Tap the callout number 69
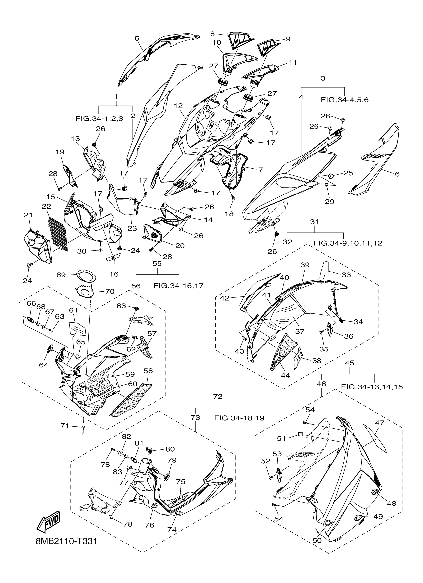[x=61, y=275]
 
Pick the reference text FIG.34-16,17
[x=178, y=285]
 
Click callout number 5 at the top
[x=137, y=39]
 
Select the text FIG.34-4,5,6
[x=344, y=100]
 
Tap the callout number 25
[x=348, y=173]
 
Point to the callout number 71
[x=65, y=426]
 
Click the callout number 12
[x=178, y=106]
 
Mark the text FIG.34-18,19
[x=239, y=418]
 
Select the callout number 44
[x=285, y=376]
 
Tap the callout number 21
[x=28, y=215]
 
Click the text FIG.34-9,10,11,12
[x=348, y=243]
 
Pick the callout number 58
[x=148, y=371]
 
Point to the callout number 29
[x=329, y=201]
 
